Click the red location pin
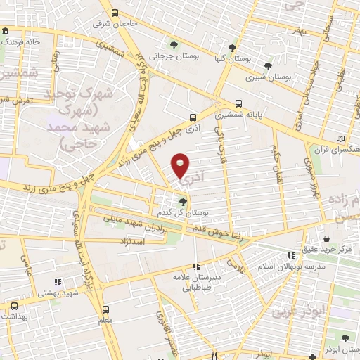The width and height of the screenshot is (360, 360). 181,165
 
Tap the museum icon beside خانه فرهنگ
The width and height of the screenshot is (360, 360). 6,32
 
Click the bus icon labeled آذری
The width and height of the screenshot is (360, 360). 193,117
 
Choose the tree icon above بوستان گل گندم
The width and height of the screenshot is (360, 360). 184,202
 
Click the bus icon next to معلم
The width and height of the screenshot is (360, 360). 105,309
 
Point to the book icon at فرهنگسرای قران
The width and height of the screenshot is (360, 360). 342,139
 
